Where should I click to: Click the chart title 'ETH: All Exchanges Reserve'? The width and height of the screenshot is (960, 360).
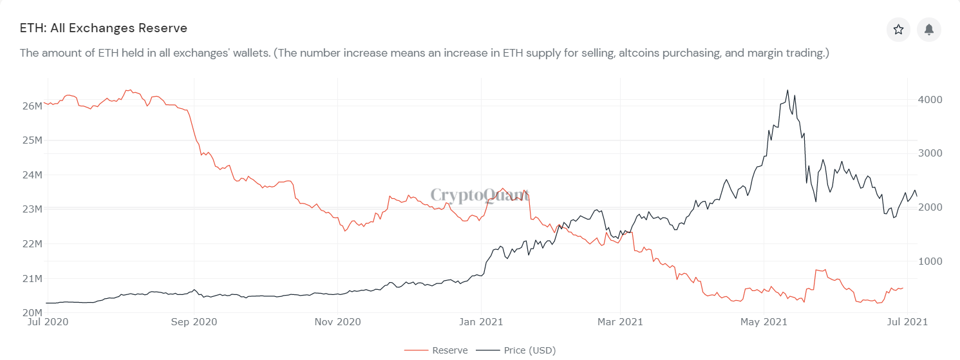pos(104,28)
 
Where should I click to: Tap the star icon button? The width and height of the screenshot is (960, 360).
pos(898,30)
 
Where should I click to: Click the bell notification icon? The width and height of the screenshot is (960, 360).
pos(929,30)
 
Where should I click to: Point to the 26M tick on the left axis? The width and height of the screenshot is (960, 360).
pos(32,106)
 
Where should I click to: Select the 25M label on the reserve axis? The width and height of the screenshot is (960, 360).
pos(32,140)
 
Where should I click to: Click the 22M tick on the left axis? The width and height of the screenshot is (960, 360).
pos(32,244)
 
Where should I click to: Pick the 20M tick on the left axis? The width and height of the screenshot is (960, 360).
pos(32,313)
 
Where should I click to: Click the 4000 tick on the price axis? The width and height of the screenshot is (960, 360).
pos(930,100)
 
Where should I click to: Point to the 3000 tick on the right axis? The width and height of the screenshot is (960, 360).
pos(930,153)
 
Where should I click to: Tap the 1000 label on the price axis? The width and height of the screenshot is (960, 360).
pos(930,261)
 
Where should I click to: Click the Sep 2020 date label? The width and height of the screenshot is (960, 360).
pos(194,321)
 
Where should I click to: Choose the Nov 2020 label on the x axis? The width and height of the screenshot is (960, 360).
pos(339,321)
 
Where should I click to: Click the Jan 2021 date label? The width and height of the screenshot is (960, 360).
pos(482,321)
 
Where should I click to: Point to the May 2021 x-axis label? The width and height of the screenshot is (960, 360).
pos(763,321)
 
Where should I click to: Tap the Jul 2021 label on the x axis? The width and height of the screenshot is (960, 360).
pos(907,321)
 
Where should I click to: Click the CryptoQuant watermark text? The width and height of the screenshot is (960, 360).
pos(480,195)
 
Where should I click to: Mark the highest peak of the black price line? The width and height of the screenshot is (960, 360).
pos(787,90)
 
